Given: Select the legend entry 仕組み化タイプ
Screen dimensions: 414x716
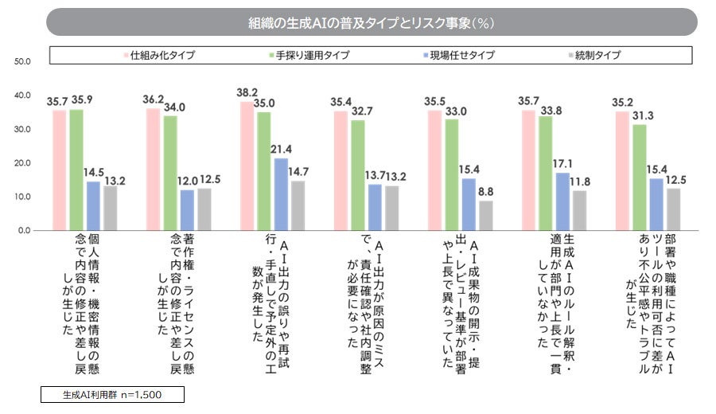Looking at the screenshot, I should [x=163, y=55].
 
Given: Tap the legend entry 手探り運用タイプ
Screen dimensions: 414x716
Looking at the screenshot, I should [x=313, y=55].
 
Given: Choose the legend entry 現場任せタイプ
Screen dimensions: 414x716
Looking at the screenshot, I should [x=461, y=55].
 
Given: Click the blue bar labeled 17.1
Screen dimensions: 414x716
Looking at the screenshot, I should [x=562, y=201].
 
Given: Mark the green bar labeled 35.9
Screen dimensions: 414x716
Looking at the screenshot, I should [x=77, y=170].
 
